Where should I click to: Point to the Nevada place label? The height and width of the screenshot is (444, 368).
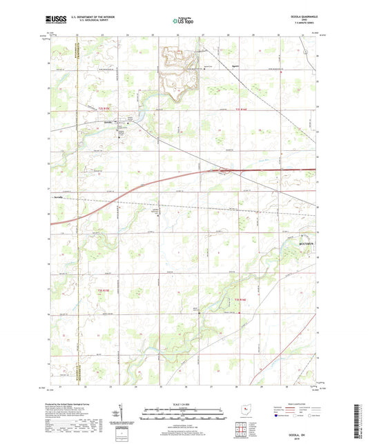point(58,196)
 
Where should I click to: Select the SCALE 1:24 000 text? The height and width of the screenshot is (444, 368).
point(183,405)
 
